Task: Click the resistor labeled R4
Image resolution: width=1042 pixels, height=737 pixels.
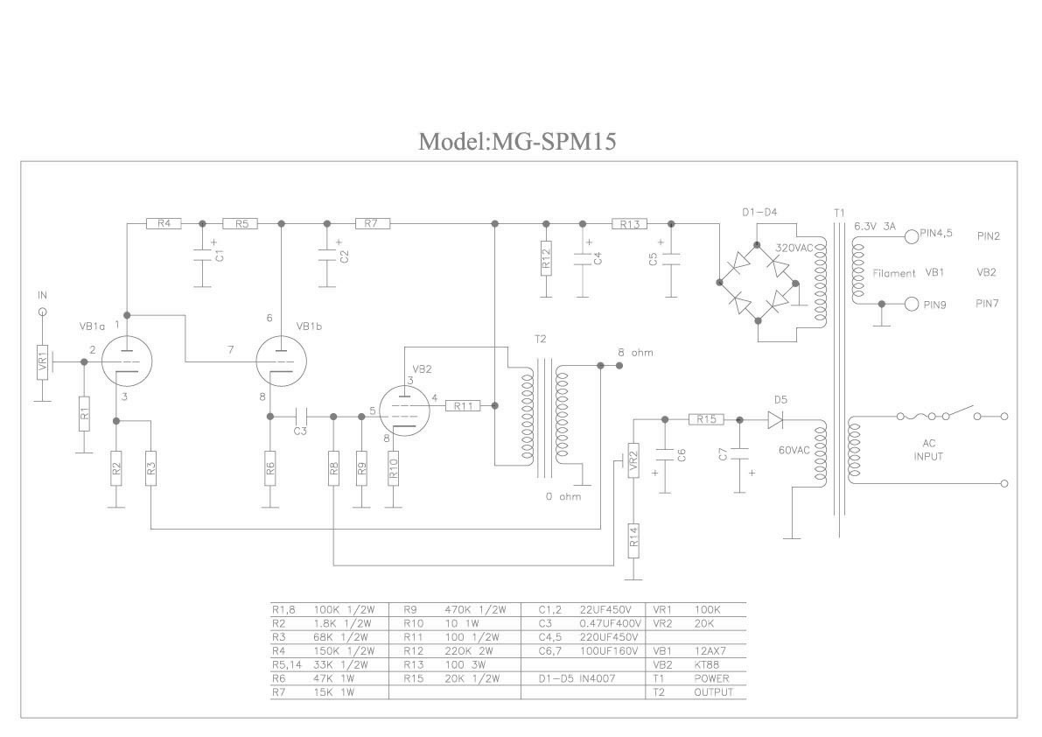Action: click(x=164, y=224)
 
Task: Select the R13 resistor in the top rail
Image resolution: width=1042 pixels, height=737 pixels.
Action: click(x=629, y=224)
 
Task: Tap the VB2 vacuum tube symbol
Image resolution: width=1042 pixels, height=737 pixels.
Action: click(x=402, y=410)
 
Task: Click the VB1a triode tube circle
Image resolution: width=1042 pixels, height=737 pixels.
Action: click(x=126, y=361)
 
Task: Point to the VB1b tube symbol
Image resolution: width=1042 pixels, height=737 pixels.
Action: click(x=282, y=361)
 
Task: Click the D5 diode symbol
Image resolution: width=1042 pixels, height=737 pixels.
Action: click(x=775, y=419)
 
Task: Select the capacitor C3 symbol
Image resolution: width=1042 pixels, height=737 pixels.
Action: click(x=300, y=417)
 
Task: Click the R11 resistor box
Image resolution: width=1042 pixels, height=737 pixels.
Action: click(x=463, y=405)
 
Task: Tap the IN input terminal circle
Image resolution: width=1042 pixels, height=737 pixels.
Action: click(x=43, y=311)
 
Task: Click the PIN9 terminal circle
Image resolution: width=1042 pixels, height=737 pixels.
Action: click(x=912, y=305)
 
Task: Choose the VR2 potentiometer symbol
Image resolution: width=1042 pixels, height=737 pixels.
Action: click(x=633, y=460)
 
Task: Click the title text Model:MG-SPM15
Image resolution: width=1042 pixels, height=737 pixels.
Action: click(x=517, y=141)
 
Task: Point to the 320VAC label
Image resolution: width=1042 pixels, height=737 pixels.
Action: click(x=794, y=248)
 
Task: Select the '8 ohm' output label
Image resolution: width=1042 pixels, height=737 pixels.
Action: click(x=635, y=353)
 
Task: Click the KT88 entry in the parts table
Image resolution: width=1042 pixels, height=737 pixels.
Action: click(x=706, y=664)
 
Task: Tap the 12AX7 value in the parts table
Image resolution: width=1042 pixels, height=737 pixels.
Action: click(x=710, y=651)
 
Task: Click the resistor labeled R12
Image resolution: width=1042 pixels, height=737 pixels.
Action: click(x=546, y=258)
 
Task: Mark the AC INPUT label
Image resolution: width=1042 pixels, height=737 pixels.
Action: click(x=928, y=450)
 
